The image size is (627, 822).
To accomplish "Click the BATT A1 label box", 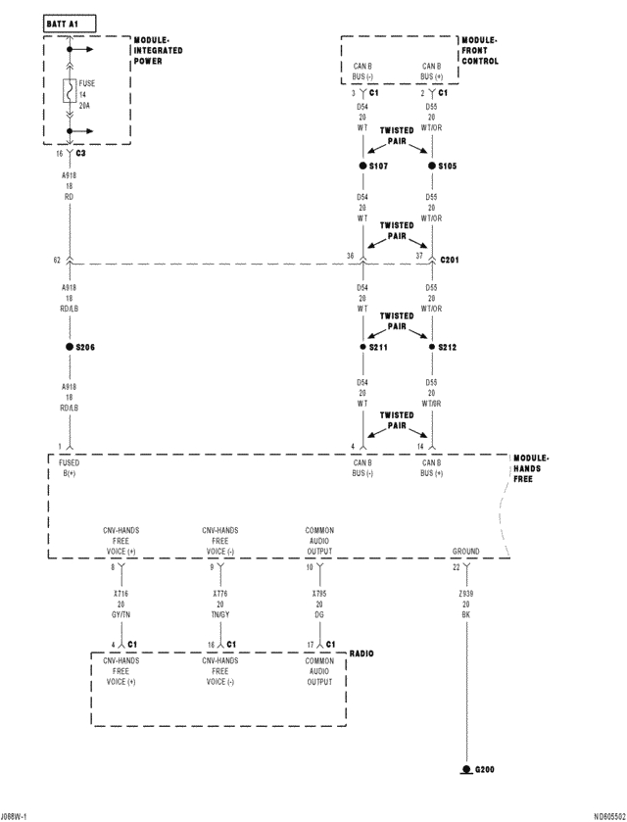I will (70, 22).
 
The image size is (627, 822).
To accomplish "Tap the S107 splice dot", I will (362, 167).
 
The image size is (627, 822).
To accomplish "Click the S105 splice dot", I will (432, 167).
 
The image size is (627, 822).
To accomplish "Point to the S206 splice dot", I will (69, 347).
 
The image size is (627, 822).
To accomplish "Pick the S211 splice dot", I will (362, 347).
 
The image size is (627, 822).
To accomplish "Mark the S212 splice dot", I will (432, 347).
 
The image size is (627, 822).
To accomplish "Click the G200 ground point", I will (466, 769).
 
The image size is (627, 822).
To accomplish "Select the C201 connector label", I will (451, 260).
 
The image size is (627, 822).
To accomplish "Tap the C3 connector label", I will (80, 154).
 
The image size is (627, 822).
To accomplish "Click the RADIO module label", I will (361, 653).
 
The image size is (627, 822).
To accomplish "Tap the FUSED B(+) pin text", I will (70, 467).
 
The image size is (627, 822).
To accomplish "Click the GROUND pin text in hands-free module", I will (465, 552).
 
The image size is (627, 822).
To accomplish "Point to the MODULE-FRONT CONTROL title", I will (479, 51).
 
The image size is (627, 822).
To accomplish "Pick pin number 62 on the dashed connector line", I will (58, 260).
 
